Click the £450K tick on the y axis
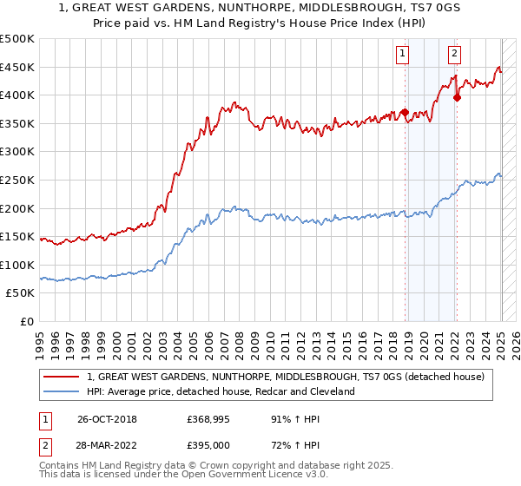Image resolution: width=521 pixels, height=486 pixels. tap(18, 67)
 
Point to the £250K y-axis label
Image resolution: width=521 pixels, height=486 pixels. tap(18, 180)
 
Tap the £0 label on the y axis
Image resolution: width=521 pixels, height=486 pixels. tap(26, 321)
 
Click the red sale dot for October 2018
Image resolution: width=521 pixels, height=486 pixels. tap(405, 112)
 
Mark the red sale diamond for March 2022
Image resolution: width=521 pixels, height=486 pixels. tap(457, 97)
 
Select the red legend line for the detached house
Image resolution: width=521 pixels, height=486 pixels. tap(62, 377)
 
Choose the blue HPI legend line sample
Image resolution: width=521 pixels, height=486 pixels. tap(62, 391)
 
